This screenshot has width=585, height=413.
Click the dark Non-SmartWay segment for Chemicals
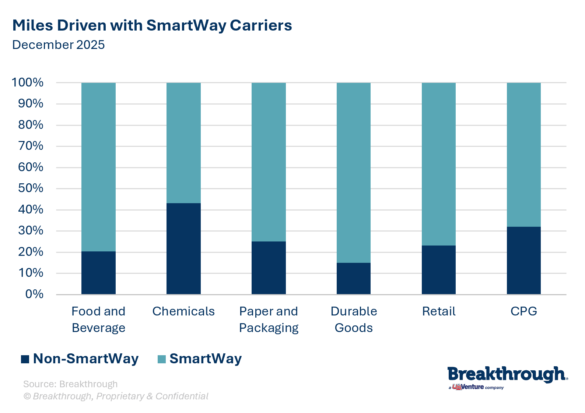(x=183, y=248)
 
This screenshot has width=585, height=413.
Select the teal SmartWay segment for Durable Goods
(x=354, y=173)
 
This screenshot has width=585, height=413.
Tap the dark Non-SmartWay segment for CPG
(x=523, y=260)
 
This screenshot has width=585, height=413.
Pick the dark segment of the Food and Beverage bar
(x=98, y=273)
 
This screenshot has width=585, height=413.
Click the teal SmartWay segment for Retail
(x=438, y=164)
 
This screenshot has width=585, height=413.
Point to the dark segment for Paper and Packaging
(x=269, y=268)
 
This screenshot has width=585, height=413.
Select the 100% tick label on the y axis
(x=28, y=82)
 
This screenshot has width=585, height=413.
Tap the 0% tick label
(x=34, y=294)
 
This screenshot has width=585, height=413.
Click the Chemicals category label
(x=183, y=311)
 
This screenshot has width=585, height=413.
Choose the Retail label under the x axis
(x=438, y=311)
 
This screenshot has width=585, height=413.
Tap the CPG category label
(x=523, y=311)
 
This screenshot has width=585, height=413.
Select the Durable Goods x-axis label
(x=354, y=319)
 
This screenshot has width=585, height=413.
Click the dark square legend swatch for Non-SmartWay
(x=25, y=359)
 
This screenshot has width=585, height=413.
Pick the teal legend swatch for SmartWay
(x=161, y=359)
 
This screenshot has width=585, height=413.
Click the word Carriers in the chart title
(x=261, y=25)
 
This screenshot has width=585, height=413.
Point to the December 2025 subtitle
(x=59, y=45)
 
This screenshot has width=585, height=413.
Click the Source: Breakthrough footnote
(x=70, y=384)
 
